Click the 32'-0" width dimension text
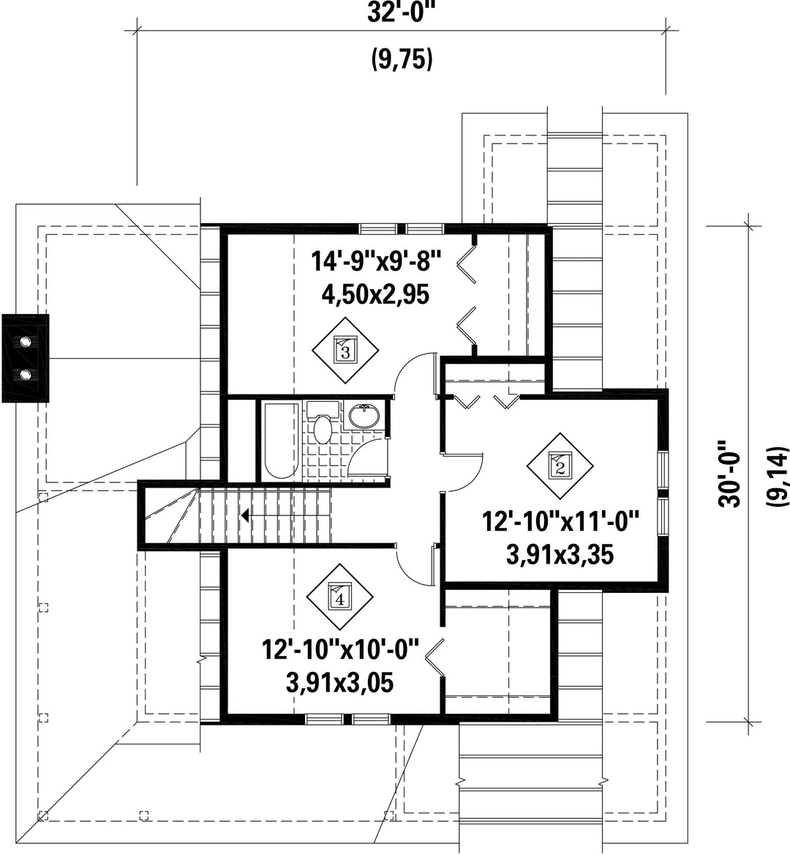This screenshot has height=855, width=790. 402,12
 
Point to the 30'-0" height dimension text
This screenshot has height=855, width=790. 730,474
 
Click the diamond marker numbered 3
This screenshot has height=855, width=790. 345,349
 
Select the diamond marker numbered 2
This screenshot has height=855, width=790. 560,466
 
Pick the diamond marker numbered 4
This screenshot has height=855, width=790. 339,597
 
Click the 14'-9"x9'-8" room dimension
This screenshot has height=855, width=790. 375,261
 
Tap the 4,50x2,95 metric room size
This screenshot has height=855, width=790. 375,295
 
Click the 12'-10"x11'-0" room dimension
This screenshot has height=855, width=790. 560,521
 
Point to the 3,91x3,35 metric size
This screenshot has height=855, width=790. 560,555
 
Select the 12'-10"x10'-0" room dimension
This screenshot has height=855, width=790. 341,649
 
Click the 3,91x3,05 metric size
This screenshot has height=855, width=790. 340,683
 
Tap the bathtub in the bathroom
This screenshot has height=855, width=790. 281,441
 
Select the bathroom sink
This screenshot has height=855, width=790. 364,417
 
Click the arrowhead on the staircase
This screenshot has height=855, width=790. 246,515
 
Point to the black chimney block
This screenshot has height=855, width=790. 26,358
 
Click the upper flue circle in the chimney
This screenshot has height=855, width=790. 25,342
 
